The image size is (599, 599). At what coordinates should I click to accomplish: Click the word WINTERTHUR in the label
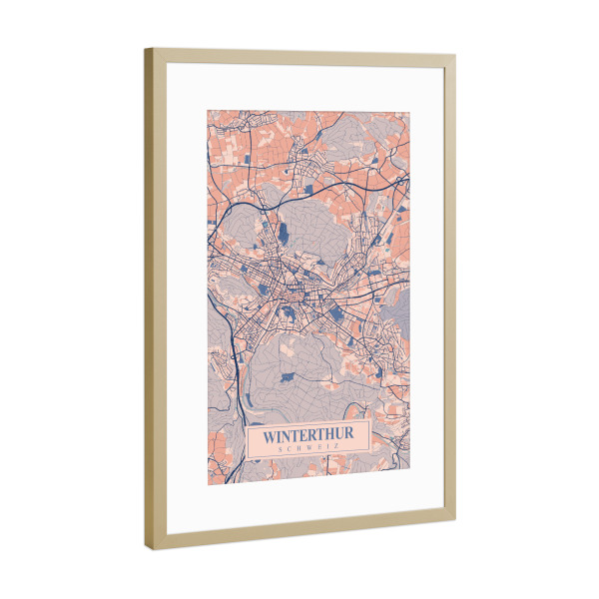(306, 435)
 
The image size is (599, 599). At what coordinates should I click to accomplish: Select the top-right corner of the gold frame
(455, 58)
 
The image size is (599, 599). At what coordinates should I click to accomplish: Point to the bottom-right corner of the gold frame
(455, 520)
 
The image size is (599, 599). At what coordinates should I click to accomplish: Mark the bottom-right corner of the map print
(409, 469)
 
